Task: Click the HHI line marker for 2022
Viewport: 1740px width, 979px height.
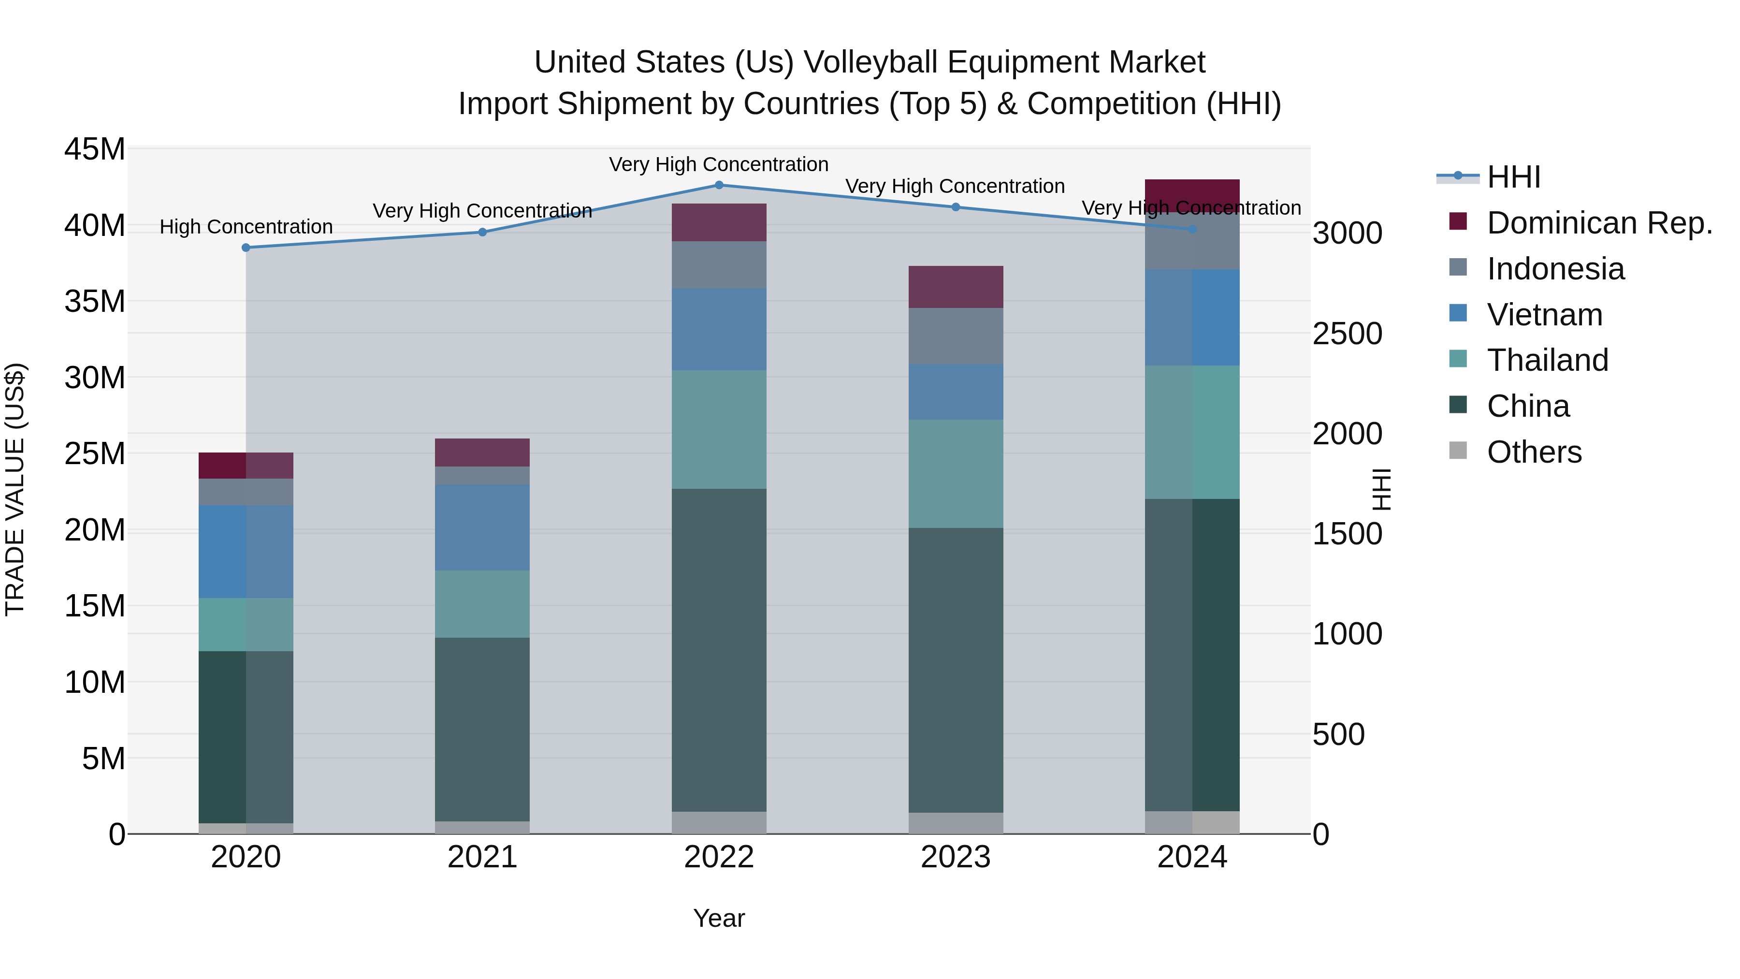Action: click(x=719, y=185)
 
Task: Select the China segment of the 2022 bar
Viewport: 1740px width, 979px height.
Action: click(x=719, y=650)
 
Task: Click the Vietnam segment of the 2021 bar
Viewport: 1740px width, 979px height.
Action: click(x=482, y=527)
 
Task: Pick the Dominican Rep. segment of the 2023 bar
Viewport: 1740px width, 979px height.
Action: click(x=955, y=287)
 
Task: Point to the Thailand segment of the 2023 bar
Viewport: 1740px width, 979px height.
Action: click(x=955, y=474)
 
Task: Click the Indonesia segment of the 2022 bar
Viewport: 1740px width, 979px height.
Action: click(x=719, y=265)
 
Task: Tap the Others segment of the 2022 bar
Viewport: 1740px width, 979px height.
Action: click(x=719, y=822)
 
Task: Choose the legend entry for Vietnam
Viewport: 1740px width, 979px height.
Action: click(x=1544, y=315)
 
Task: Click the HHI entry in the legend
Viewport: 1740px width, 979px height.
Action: click(x=1513, y=177)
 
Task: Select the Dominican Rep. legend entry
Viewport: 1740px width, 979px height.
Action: click(x=1598, y=223)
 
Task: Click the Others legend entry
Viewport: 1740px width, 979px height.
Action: click(x=1533, y=452)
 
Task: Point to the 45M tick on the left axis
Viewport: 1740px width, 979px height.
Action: click(x=95, y=149)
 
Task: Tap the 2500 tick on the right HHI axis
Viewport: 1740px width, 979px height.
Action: click(x=1347, y=334)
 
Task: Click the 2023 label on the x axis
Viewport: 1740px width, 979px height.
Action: click(x=955, y=857)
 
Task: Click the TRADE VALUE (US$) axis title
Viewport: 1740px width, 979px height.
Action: click(x=15, y=489)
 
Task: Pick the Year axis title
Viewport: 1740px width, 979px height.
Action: click(x=719, y=918)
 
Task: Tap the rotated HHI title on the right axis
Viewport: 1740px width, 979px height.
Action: click(x=1382, y=489)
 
